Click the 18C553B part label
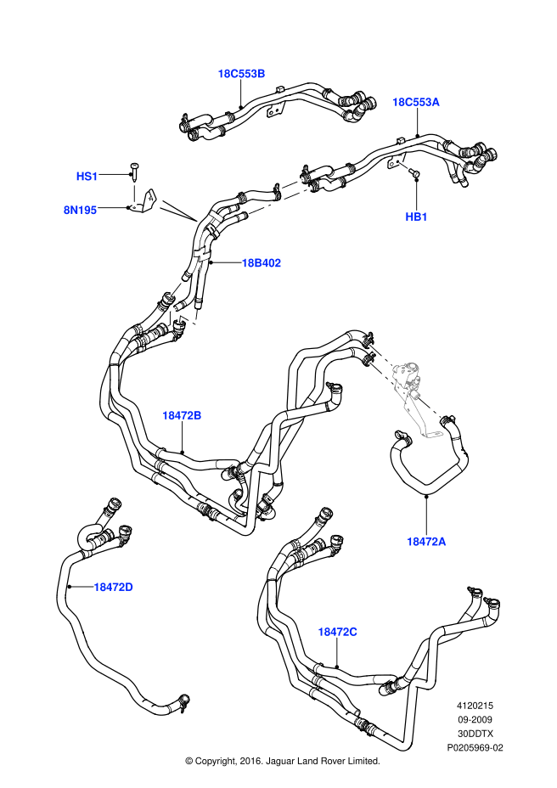(x=241, y=74)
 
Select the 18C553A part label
(x=415, y=102)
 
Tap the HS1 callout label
(x=87, y=176)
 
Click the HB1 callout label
(x=416, y=217)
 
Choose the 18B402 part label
(x=261, y=263)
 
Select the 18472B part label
(x=182, y=415)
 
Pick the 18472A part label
(x=425, y=541)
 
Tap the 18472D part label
(x=113, y=587)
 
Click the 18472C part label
(x=338, y=632)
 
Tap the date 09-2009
(x=475, y=720)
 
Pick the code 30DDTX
(x=475, y=734)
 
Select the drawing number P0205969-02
(x=475, y=747)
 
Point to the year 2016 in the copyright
(x=248, y=762)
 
